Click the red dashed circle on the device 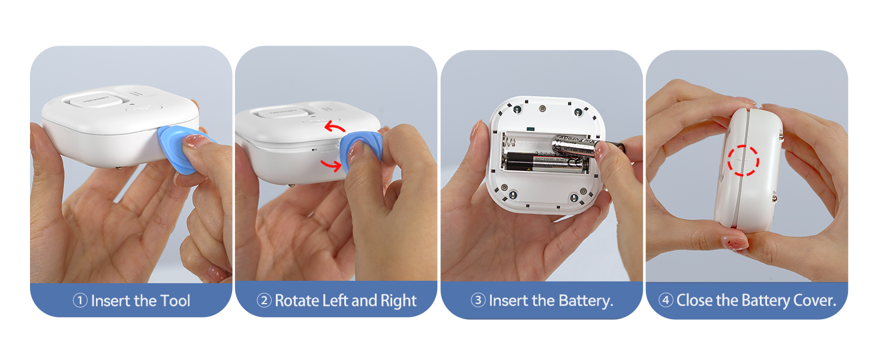[x=743, y=160]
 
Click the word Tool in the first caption [x=175, y=301]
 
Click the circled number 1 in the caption [x=80, y=301]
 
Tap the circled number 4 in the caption [x=666, y=301]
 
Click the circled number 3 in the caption [x=478, y=301]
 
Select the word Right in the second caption [x=397, y=301]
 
